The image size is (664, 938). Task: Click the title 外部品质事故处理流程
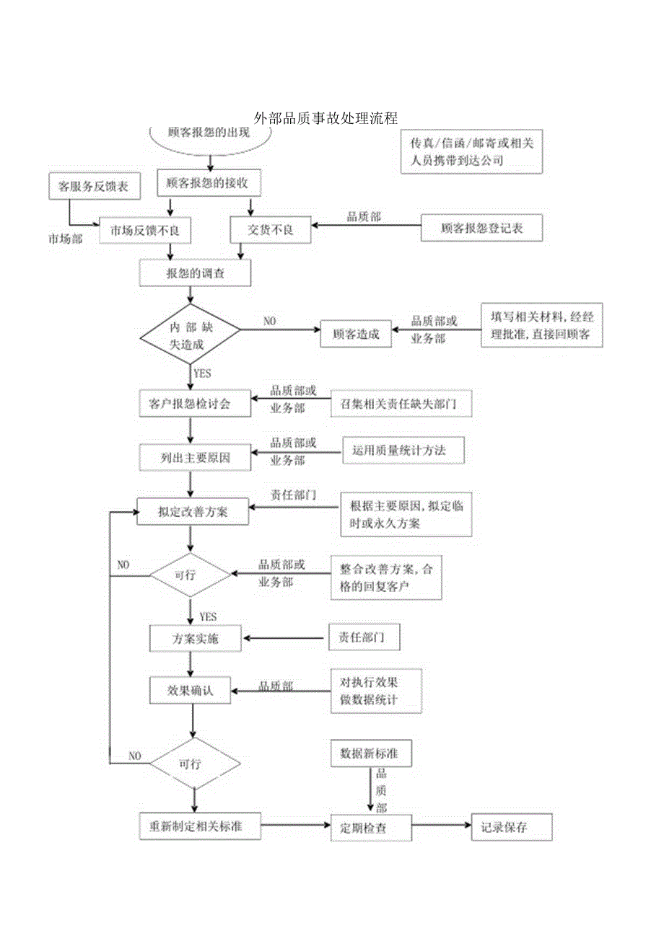point(326,118)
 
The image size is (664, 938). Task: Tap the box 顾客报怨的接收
point(208,183)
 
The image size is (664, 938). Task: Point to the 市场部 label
point(66,239)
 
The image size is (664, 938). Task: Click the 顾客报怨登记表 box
point(481,229)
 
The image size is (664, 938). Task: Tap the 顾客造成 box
point(357,334)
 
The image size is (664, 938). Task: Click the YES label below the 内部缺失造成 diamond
point(203,373)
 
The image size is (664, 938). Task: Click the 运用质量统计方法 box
point(403,450)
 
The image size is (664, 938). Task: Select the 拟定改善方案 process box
point(193,511)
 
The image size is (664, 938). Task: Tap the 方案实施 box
point(195,639)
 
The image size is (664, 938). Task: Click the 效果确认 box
point(191,690)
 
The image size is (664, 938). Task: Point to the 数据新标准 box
point(368,753)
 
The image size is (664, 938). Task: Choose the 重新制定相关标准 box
point(200,826)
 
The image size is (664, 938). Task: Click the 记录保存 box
point(511,827)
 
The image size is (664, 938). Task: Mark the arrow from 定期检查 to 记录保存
point(441,826)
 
